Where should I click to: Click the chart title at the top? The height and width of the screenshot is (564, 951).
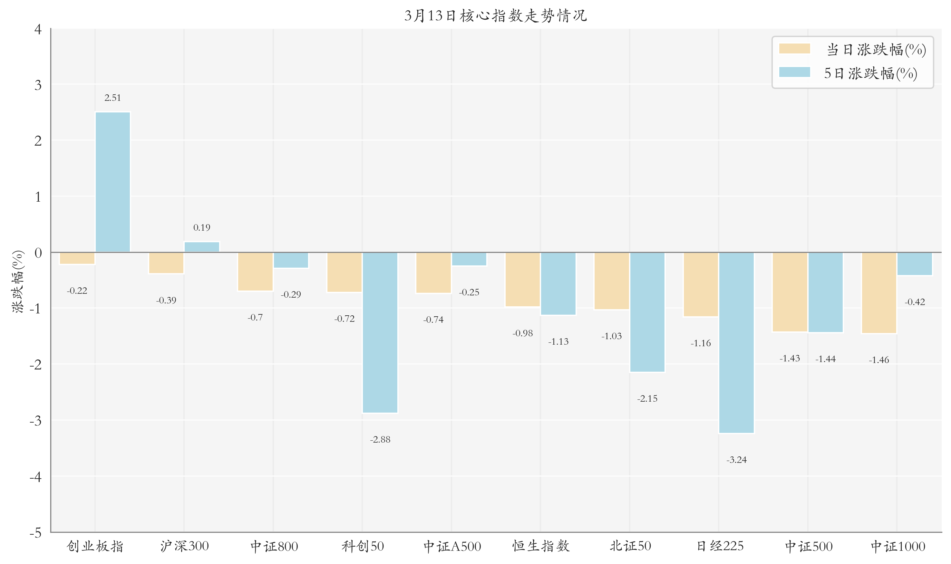click(x=495, y=15)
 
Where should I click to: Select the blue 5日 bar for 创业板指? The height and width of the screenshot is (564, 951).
click(x=112, y=182)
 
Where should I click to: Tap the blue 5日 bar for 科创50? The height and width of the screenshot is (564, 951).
click(x=380, y=332)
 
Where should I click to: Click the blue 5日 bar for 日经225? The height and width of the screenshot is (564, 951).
click(x=736, y=342)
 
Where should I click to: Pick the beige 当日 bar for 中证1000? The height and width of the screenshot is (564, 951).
click(x=879, y=293)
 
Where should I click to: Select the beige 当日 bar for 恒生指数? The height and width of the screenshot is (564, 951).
click(x=522, y=279)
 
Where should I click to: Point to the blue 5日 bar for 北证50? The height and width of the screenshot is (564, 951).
click(x=647, y=312)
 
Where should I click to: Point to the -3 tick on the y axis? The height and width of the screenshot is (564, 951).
click(x=36, y=421)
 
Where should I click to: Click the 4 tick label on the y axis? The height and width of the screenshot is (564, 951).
click(x=38, y=29)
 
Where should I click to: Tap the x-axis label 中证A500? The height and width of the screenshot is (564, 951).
click(x=452, y=546)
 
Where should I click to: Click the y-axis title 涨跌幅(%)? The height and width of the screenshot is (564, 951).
click(x=18, y=281)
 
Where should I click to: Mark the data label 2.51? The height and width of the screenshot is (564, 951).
click(x=112, y=98)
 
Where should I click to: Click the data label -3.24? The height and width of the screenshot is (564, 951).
click(x=736, y=460)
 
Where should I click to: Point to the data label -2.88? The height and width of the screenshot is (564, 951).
click(x=380, y=440)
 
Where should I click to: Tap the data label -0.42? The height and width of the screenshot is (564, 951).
click(x=915, y=302)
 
